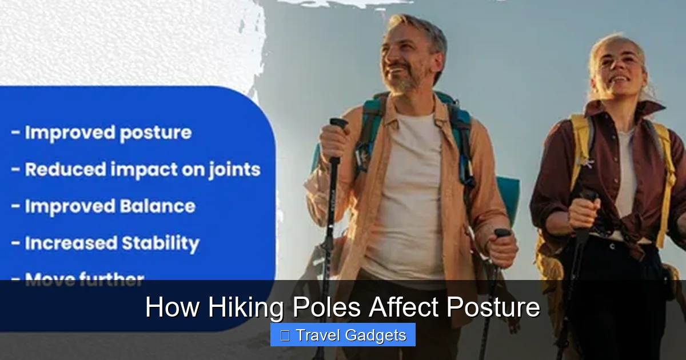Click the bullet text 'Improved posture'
point(107,133)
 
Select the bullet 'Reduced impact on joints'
point(142,170)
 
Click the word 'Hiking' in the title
point(247,307)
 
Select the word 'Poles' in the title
point(326,307)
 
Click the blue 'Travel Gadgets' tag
point(343,335)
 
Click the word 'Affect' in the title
point(404,307)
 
